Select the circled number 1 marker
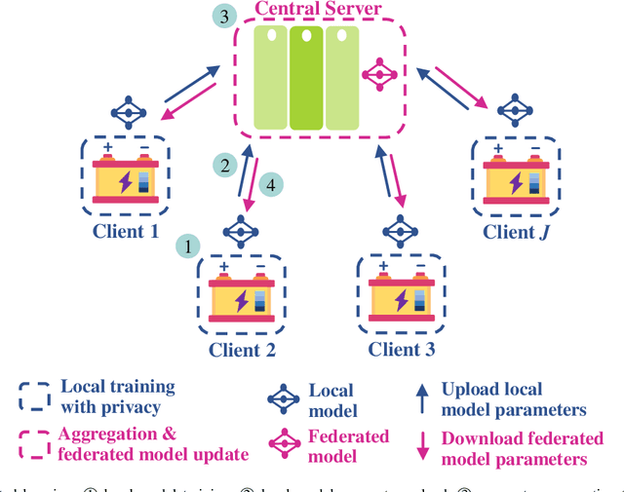click(186, 246)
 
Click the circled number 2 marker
click(225, 165)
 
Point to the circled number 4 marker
click(273, 182)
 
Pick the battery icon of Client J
click(516, 178)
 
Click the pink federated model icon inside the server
click(377, 73)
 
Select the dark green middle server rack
click(306, 79)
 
